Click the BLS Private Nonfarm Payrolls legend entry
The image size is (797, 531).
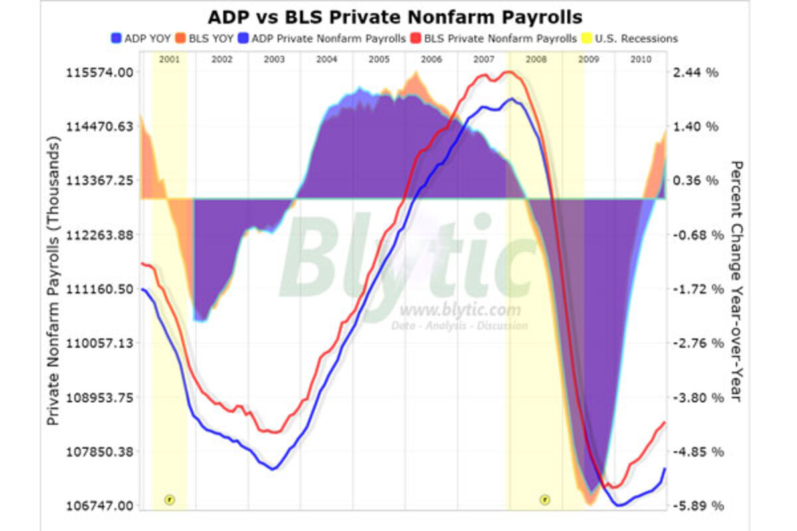pos(497,38)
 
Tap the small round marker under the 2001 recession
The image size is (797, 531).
pos(169,499)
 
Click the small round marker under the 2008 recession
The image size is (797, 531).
pos(545,499)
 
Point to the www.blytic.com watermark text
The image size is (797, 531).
pos(460,310)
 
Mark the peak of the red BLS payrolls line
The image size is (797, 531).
pos(509,72)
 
